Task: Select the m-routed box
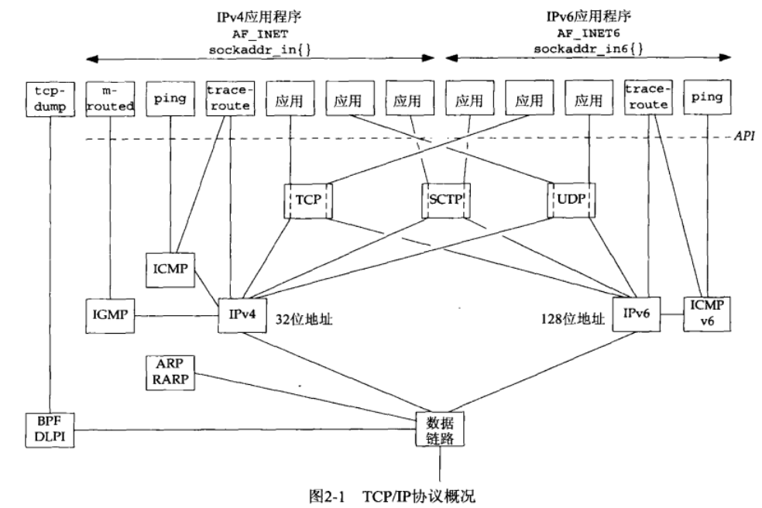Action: point(108,98)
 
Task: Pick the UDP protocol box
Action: point(571,200)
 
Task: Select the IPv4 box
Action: point(239,315)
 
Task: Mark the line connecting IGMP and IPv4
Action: point(175,316)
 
